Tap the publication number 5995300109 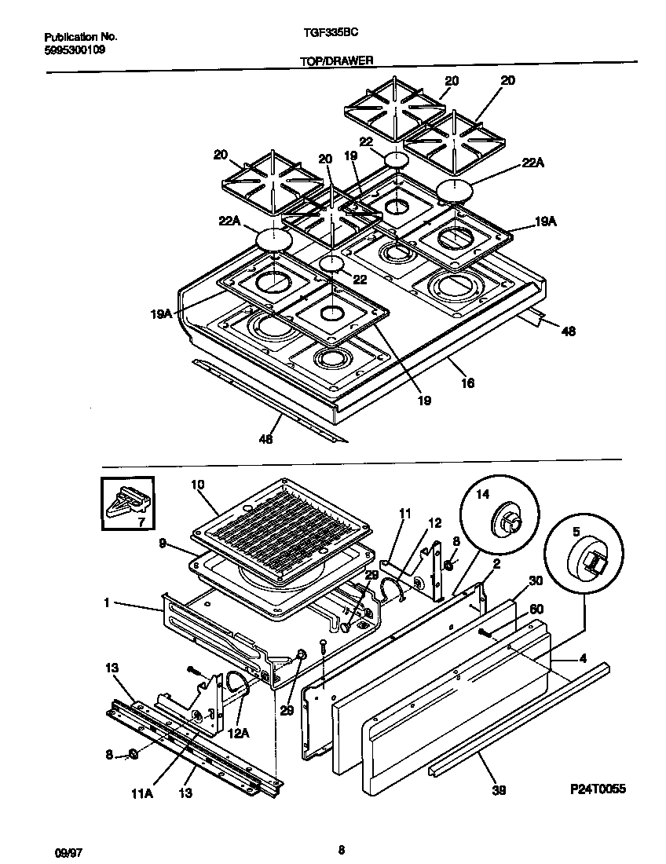[75, 49]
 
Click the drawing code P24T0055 [598, 789]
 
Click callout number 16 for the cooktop [468, 383]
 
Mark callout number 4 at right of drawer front [582, 658]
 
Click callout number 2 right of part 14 [497, 562]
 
